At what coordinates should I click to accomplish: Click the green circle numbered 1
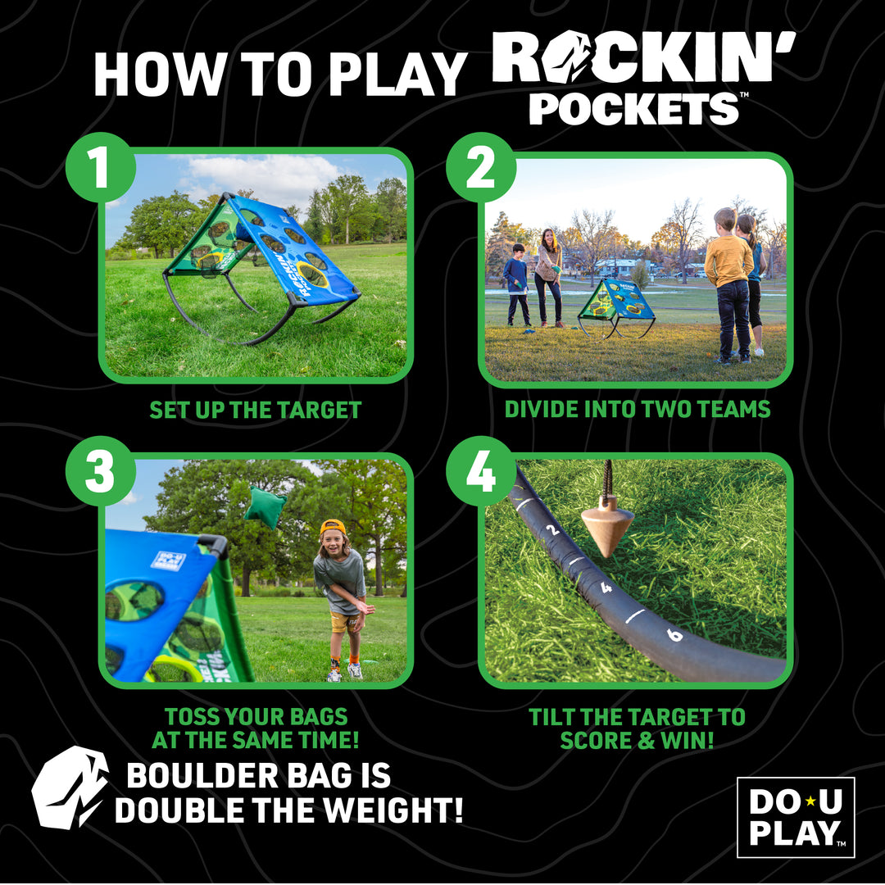click(x=100, y=167)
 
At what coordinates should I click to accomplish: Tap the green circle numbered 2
click(x=481, y=167)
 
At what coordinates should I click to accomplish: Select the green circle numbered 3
click(x=100, y=471)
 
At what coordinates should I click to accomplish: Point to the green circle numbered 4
click(x=481, y=471)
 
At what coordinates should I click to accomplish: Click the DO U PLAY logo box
click(x=795, y=817)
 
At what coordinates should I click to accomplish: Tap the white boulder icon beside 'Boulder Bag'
click(x=70, y=787)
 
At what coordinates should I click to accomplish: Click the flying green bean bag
click(x=264, y=507)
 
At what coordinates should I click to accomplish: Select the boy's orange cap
click(x=332, y=527)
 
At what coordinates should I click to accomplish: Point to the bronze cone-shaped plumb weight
click(x=608, y=524)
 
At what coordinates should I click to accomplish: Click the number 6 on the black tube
click(x=674, y=634)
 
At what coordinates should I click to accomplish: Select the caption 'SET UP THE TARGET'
click(x=256, y=410)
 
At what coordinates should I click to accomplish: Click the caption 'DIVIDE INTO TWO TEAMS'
click(x=638, y=409)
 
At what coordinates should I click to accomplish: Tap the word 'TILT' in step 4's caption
click(x=556, y=717)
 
